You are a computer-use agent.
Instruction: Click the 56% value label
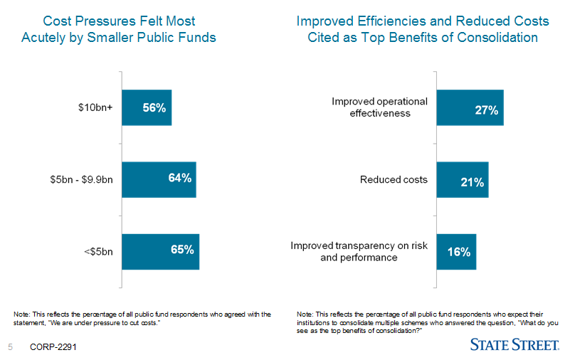[x=154, y=108]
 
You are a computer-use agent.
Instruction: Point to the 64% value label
[x=179, y=178]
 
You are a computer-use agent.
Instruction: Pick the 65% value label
[x=182, y=250]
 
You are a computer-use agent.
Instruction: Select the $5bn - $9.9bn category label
[x=76, y=179]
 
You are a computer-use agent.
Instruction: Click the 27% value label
[x=486, y=110]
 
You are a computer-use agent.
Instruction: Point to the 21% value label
[x=472, y=182]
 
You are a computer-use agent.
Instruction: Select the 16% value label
[x=459, y=252]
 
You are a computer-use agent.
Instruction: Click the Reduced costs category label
[x=394, y=179]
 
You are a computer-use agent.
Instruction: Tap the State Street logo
[x=514, y=345]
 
